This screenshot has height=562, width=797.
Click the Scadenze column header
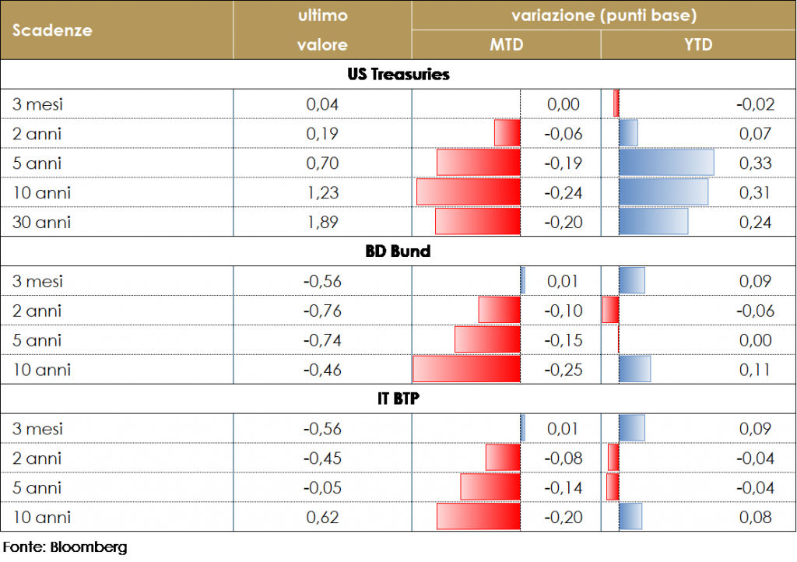[x=52, y=30]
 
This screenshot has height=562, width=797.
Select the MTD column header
[x=506, y=45]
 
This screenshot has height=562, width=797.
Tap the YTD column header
[x=698, y=45]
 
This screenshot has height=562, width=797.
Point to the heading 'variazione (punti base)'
[x=603, y=16]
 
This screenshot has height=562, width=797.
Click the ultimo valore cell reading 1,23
[x=322, y=193]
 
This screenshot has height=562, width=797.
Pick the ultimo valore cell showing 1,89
[x=322, y=223]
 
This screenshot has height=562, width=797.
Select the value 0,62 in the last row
[x=322, y=518]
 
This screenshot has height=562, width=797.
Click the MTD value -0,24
[x=564, y=193]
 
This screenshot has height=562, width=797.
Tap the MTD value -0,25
[x=564, y=370]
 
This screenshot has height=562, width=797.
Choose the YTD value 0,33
[x=755, y=163]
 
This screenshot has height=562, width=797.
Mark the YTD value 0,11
[x=755, y=370]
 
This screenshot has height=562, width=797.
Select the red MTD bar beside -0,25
[x=465, y=370]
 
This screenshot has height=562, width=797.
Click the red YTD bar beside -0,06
[x=611, y=311]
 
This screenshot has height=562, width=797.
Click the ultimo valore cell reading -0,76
[x=322, y=311]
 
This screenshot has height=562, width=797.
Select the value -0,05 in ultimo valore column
[x=322, y=488]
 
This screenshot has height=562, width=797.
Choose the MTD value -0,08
[x=564, y=458]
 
